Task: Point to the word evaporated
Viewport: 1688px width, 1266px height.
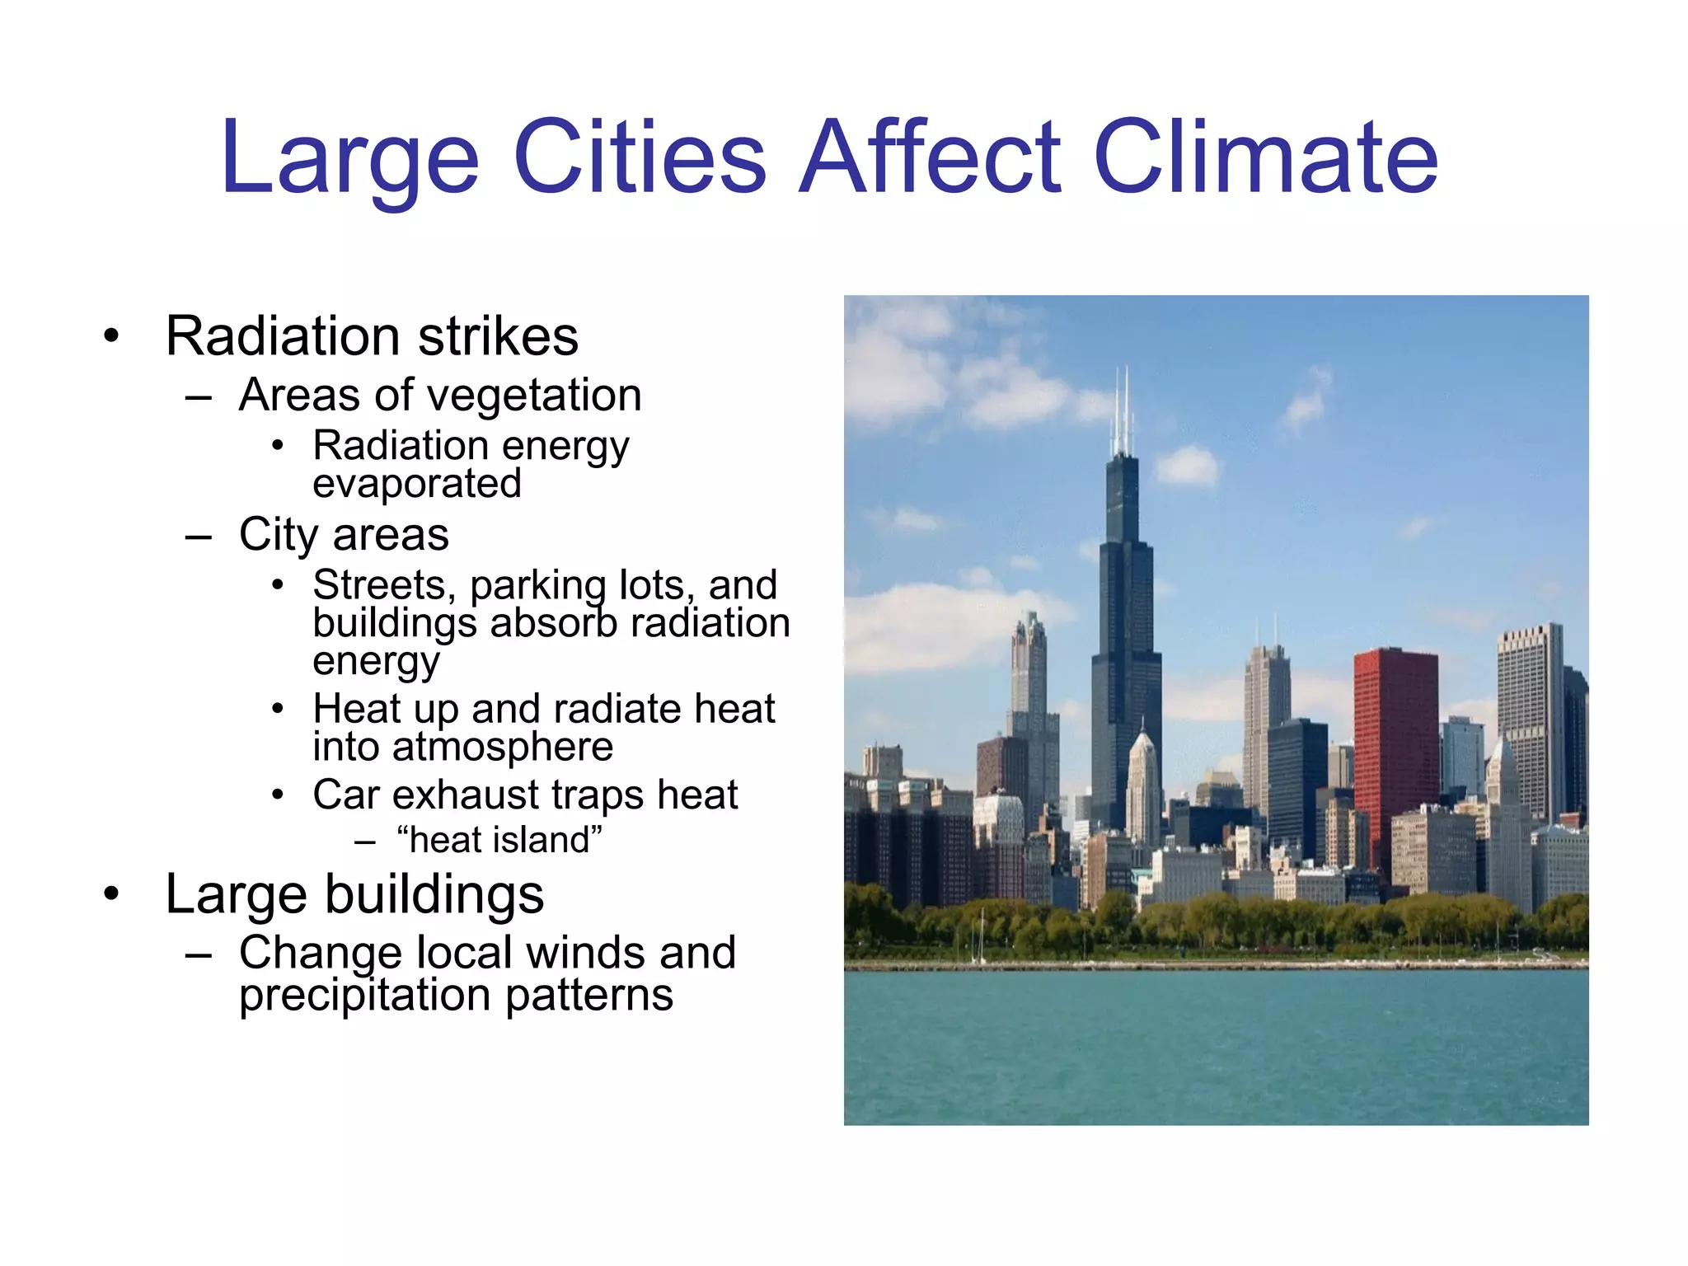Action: pos(417,484)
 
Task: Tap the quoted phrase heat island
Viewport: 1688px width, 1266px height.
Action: pos(499,841)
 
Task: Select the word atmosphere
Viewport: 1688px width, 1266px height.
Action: pos(503,748)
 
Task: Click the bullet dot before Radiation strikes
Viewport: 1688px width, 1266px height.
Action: pos(111,336)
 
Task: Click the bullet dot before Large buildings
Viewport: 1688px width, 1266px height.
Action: pos(111,894)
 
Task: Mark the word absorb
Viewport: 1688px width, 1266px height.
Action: pos(554,624)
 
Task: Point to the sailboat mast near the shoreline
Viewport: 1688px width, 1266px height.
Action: pos(981,935)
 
